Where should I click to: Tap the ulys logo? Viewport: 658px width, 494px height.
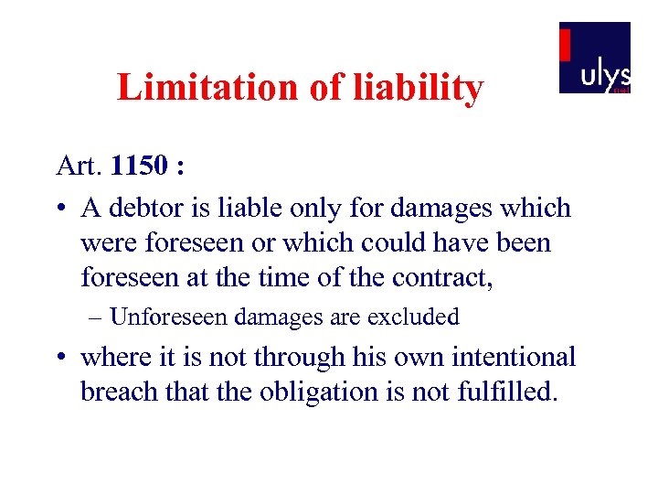595,58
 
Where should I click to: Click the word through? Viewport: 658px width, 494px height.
289,357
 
